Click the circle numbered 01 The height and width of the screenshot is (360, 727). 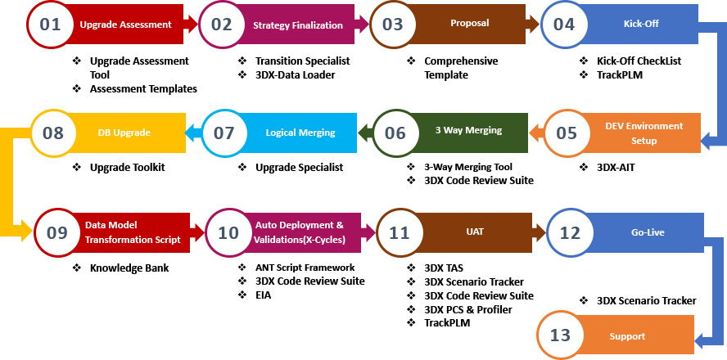(51, 25)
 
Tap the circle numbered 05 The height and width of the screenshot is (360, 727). (566, 133)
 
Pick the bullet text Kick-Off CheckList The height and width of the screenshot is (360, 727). (639, 61)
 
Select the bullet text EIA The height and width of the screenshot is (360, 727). (263, 295)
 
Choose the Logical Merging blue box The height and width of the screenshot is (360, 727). (299, 132)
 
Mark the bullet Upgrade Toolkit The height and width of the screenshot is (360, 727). (128, 167)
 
